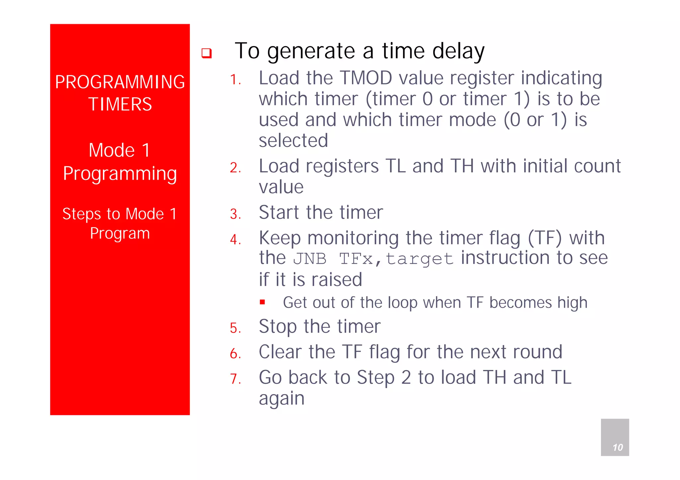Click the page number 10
pyautogui.click(x=617, y=447)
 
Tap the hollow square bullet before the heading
pyautogui.click(x=207, y=53)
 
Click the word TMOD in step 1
pyautogui.click(x=367, y=78)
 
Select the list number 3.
pyautogui.click(x=235, y=214)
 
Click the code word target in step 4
pyautogui.click(x=420, y=259)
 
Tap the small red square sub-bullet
pyautogui.click(x=263, y=302)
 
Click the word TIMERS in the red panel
pyautogui.click(x=120, y=104)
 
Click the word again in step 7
pyautogui.click(x=282, y=398)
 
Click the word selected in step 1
pyautogui.click(x=293, y=141)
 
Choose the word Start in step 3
pyautogui.click(x=279, y=212)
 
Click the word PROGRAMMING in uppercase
pyautogui.click(x=120, y=82)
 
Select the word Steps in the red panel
pyautogui.click(x=81, y=214)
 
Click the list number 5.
pyautogui.click(x=235, y=328)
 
